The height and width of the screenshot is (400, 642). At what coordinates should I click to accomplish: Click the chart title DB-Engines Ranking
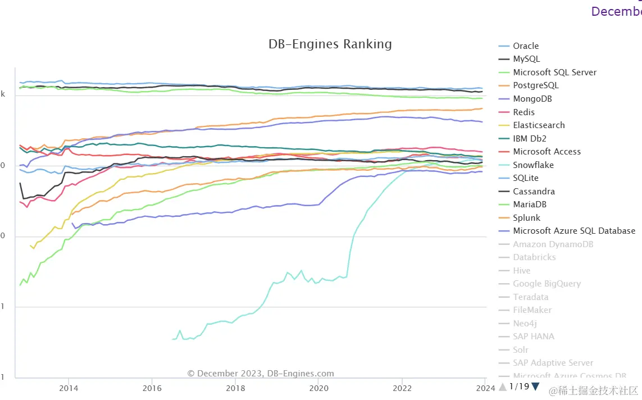[330, 44]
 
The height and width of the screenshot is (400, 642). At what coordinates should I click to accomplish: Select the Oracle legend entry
[526, 46]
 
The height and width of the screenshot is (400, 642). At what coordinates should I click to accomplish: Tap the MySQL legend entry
[526, 59]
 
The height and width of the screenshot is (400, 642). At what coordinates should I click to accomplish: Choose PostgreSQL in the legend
[535, 85]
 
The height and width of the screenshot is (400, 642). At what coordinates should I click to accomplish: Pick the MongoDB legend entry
[532, 99]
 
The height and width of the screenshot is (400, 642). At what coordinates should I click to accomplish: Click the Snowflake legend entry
[533, 165]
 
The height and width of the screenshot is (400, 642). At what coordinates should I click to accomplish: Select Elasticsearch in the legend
[539, 125]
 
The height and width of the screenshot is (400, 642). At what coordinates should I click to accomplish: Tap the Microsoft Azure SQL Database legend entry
[574, 231]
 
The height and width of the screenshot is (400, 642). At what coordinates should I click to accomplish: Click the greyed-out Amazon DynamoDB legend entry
[553, 244]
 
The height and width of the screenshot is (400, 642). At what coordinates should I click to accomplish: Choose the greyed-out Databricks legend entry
[534, 257]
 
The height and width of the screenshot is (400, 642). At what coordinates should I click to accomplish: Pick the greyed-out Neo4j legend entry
[525, 324]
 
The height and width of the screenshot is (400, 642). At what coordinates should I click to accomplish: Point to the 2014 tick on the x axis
[69, 388]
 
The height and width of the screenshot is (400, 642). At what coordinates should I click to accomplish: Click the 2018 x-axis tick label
[235, 388]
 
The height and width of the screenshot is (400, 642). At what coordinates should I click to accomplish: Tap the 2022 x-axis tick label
[402, 388]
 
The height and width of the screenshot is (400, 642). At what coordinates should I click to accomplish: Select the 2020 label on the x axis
[318, 388]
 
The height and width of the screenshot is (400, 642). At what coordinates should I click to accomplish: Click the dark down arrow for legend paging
[535, 387]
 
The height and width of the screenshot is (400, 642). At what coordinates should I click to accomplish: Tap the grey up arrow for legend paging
[503, 387]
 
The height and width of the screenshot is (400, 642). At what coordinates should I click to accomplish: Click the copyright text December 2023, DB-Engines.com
[261, 374]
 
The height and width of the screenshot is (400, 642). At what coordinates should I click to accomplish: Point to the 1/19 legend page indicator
[519, 387]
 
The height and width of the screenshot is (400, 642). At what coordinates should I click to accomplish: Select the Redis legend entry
[523, 112]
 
